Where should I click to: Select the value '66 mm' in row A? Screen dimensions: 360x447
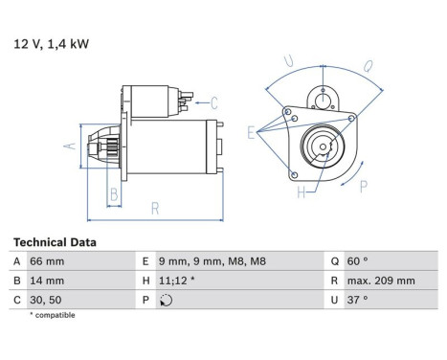(47, 261)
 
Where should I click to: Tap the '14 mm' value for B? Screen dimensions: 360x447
(47, 281)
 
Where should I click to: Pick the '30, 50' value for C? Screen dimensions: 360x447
(46, 300)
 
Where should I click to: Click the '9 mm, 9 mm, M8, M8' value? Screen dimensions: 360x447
(212, 261)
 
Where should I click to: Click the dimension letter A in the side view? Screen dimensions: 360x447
(69, 146)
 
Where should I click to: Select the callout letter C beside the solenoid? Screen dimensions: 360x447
(214, 102)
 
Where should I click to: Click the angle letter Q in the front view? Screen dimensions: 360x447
(368, 67)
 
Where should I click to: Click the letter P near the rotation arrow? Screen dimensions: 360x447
(364, 187)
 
